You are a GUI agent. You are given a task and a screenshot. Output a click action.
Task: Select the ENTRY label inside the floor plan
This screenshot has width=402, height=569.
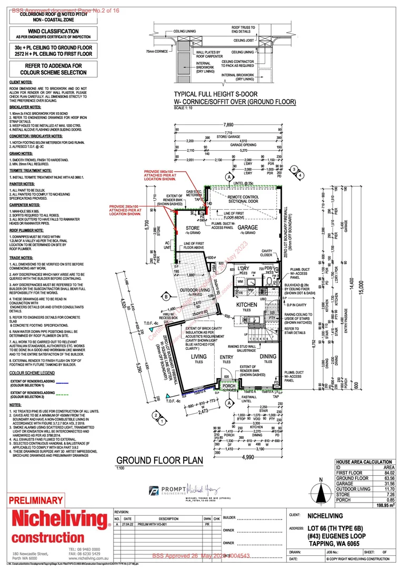227,359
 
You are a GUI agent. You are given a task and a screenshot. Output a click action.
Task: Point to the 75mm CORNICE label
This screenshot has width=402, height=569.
156,52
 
